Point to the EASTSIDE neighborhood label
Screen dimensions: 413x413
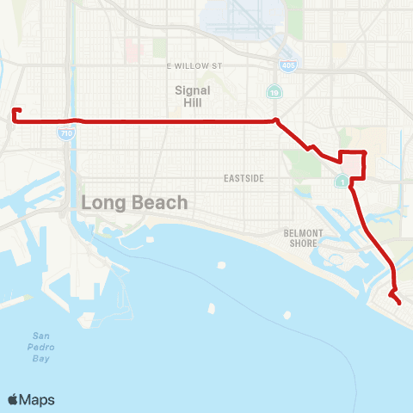(x=243, y=178)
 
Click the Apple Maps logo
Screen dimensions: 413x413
(x=31, y=399)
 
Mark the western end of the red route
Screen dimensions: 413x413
(x=15, y=110)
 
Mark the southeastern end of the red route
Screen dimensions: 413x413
(x=401, y=303)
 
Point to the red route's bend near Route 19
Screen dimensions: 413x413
(x=275, y=120)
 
